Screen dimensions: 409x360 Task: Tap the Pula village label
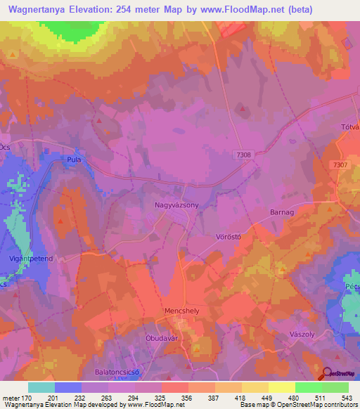74,160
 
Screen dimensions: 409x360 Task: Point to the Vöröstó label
228,238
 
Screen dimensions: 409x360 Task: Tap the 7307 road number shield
340,164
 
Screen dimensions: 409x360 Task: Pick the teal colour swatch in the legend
41,387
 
